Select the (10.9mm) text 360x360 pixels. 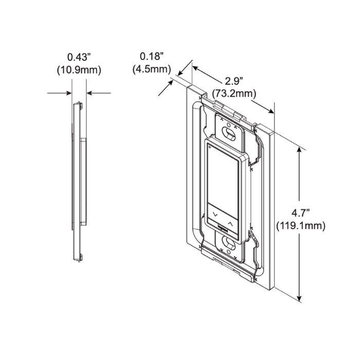pos(79,70)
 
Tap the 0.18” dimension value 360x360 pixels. pos(152,56)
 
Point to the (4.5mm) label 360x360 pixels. pos(152,69)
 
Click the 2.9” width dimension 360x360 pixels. pos(234,81)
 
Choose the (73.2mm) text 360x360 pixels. pos(234,94)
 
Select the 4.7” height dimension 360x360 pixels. pos(301,213)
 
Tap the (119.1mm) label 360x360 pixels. pos(301,226)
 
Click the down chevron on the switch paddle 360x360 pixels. pos(215,214)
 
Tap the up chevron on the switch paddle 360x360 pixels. pos(230,223)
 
